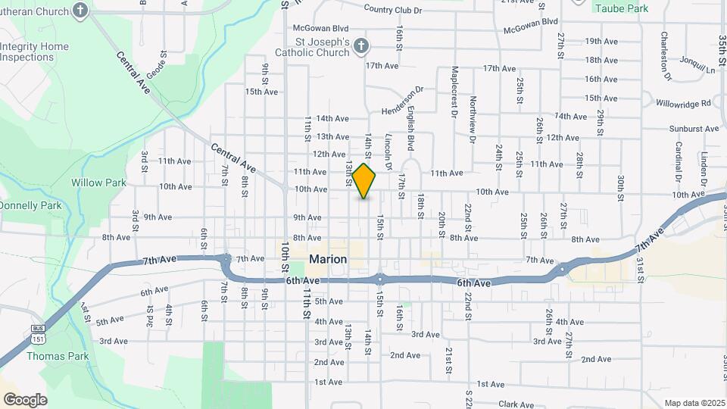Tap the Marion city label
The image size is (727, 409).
click(328, 259)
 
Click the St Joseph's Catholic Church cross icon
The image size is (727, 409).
click(361, 46)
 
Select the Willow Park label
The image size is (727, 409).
click(92, 183)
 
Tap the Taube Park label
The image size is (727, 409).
click(621, 8)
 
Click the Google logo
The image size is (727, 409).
click(25, 399)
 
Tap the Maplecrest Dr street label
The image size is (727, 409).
click(455, 95)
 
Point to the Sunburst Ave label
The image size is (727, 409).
click(691, 129)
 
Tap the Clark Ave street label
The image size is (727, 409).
click(516, 405)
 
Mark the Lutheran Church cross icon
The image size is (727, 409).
click(82, 11)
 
